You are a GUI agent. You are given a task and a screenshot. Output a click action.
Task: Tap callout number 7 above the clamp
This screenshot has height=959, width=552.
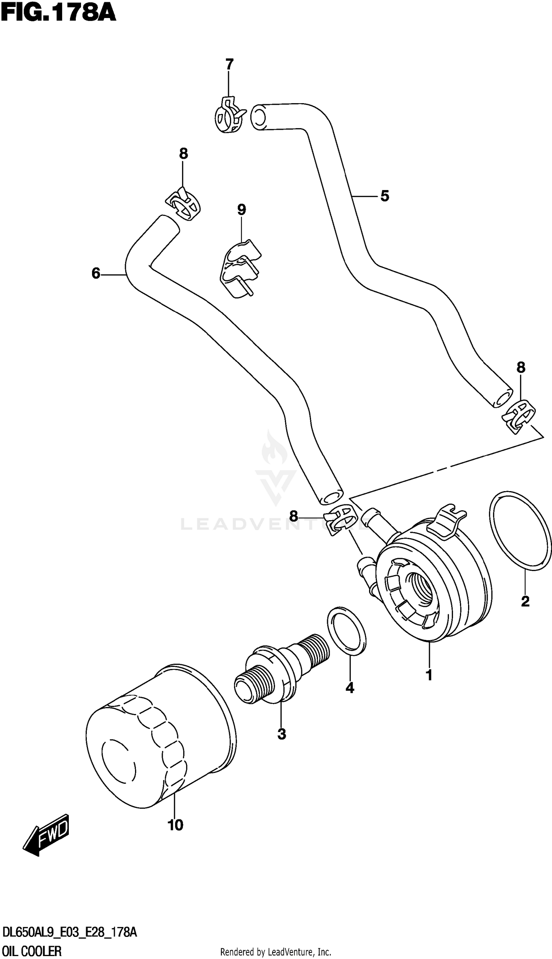click(x=229, y=64)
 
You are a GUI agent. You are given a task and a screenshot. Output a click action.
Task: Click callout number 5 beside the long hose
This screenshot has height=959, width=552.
click(x=385, y=196)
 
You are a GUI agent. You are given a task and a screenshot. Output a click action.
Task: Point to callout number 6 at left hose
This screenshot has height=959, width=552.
click(x=96, y=273)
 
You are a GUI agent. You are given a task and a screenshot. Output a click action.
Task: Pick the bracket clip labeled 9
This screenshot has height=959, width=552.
click(x=240, y=269)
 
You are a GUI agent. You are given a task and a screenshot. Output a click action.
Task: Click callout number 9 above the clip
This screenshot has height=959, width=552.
click(x=241, y=210)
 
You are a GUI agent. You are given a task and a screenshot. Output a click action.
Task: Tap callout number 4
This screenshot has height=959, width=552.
click(x=350, y=687)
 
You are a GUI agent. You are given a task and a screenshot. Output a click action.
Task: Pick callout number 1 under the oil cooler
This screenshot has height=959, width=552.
click(x=429, y=676)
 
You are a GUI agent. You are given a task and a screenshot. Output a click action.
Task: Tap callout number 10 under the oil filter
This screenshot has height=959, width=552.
click(x=175, y=824)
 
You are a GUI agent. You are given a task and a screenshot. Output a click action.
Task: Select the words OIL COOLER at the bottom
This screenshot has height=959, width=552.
click(x=32, y=951)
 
